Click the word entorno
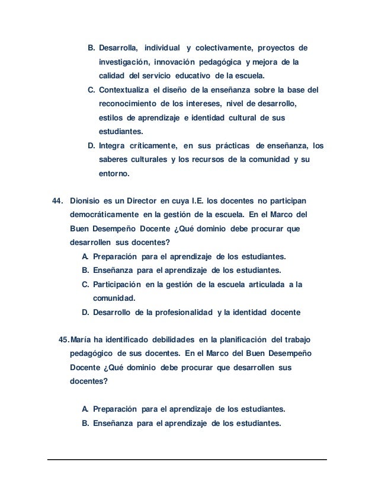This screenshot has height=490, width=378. click(x=117, y=174)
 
